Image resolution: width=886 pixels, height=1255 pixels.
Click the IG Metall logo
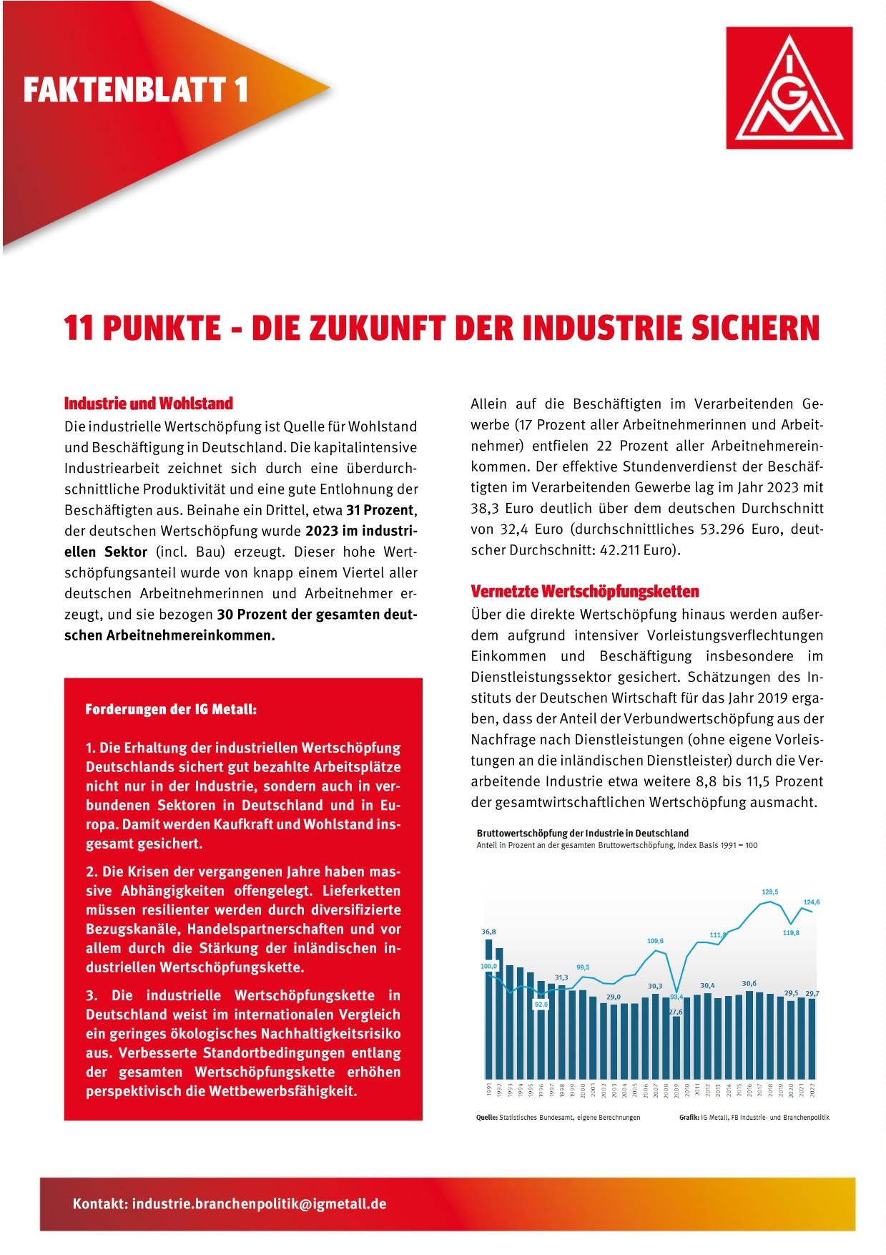(x=789, y=87)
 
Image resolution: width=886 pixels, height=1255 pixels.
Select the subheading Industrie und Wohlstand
(x=149, y=404)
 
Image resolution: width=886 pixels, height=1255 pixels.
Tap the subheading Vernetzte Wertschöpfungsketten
(x=585, y=592)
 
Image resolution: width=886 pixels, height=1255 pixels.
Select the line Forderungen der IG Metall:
(x=171, y=710)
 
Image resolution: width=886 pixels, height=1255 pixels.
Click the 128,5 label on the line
(x=770, y=892)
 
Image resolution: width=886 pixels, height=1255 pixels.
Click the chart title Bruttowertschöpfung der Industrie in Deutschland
(x=583, y=833)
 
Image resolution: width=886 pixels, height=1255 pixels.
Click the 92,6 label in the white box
(x=541, y=1005)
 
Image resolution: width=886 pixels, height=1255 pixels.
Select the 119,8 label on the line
(x=791, y=933)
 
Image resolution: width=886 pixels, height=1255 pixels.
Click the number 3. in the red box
(x=92, y=995)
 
